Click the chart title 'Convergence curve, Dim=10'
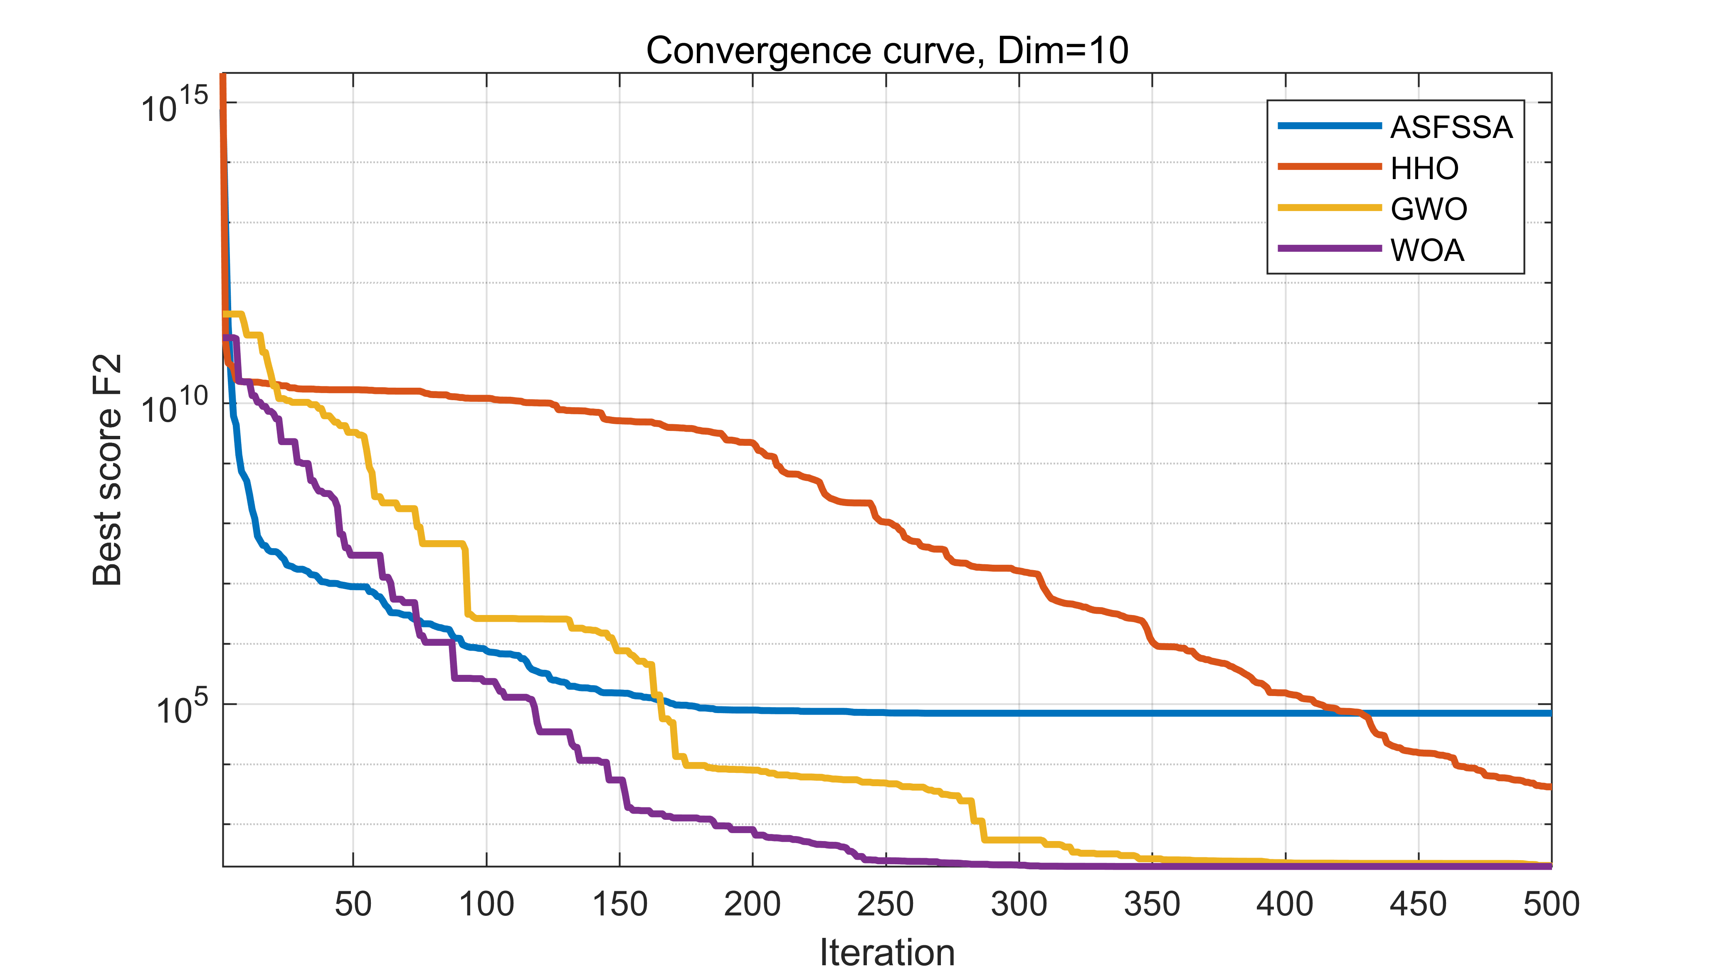[887, 51]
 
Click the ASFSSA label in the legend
[1451, 127]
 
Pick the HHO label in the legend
[1424, 168]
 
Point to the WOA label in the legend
[1427, 250]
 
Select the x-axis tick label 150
[619, 904]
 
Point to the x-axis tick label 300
[1019, 904]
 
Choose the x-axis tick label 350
[1152, 904]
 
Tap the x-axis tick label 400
[1285, 904]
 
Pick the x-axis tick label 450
[1418, 904]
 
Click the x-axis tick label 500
[1551, 904]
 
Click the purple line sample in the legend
[1329, 249]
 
